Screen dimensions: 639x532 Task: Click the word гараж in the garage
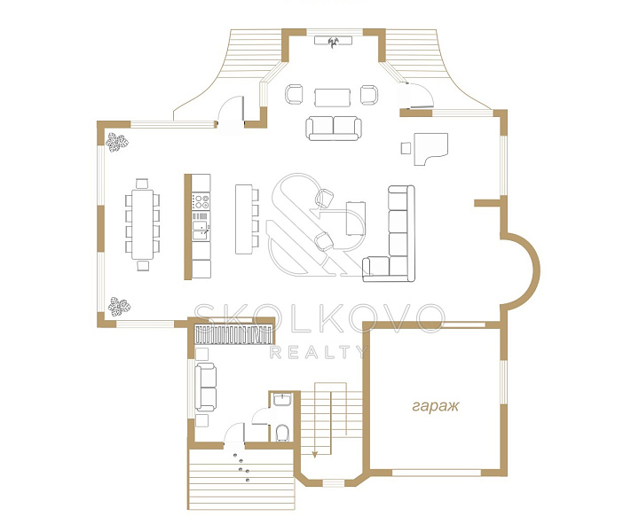pyautogui.click(x=435, y=406)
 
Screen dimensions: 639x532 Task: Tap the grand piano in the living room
pyautogui.click(x=430, y=149)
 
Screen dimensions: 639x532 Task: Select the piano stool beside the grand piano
pyautogui.click(x=406, y=148)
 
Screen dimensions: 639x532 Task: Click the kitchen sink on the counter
pyautogui.click(x=201, y=231)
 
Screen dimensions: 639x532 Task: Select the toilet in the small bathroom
pyautogui.click(x=282, y=433)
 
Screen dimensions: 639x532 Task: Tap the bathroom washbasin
pyautogui.click(x=282, y=399)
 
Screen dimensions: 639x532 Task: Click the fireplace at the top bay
pyautogui.click(x=333, y=41)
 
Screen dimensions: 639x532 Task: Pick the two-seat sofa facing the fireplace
pyautogui.click(x=334, y=129)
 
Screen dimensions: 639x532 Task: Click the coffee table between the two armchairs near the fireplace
pyautogui.click(x=333, y=98)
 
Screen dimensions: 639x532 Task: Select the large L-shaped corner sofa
pyautogui.click(x=390, y=234)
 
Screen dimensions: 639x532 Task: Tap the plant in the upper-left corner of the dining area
pyautogui.click(x=117, y=143)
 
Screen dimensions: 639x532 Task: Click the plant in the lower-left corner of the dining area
pyautogui.click(x=119, y=306)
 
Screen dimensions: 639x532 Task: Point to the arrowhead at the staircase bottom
pyautogui.click(x=314, y=454)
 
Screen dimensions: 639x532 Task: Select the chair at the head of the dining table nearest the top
pyautogui.click(x=142, y=184)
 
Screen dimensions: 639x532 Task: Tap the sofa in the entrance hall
pyautogui.click(x=206, y=387)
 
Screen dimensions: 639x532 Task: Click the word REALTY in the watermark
pyautogui.click(x=319, y=352)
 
